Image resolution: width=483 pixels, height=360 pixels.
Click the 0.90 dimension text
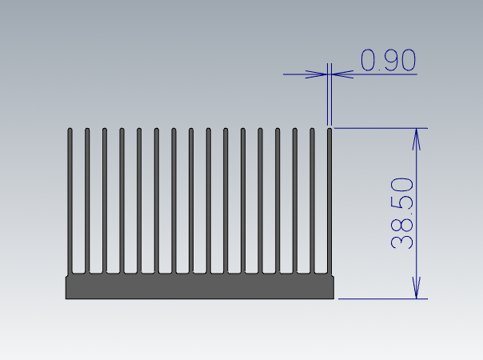click(388, 60)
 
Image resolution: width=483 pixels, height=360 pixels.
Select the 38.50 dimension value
click(401, 213)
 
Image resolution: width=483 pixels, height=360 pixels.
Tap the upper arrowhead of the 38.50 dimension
click(416, 139)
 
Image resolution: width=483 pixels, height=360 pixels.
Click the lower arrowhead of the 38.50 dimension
click(416, 287)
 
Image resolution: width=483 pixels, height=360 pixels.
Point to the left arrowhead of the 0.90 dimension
click(317, 74)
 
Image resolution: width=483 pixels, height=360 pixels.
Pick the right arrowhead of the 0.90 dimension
click(342, 74)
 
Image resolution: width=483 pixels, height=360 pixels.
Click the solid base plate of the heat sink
click(200, 287)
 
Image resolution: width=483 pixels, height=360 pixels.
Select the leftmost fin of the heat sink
click(70, 201)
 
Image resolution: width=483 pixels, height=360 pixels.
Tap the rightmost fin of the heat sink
click(329, 201)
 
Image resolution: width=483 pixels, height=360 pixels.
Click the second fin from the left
click(87, 201)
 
